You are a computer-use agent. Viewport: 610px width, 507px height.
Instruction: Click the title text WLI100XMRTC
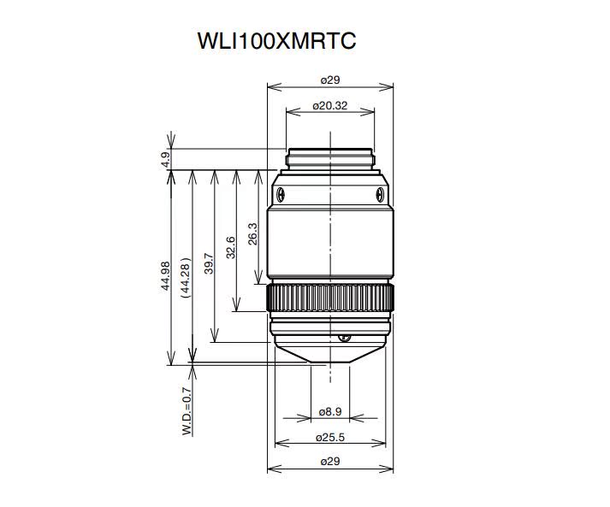275,40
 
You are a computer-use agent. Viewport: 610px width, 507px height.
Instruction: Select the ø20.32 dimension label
329,106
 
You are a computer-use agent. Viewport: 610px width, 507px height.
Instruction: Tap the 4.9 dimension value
165,159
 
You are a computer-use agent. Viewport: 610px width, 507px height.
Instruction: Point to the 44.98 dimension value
165,276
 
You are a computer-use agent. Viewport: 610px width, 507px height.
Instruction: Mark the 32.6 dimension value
230,246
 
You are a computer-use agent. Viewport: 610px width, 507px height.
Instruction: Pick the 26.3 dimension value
252,234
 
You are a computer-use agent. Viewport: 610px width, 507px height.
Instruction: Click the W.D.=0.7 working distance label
186,411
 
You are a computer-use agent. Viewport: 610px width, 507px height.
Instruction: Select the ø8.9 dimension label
330,412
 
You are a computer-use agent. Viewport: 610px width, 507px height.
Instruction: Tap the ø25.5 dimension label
330,438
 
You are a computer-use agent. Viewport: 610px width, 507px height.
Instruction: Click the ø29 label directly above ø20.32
330,80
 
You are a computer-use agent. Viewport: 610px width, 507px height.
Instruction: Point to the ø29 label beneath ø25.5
330,462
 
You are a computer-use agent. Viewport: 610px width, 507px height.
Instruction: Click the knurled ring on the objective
330,299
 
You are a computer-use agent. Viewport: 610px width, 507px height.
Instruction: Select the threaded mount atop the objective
330,156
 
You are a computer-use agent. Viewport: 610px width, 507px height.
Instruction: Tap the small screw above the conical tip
344,338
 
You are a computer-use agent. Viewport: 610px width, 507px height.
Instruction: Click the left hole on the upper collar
281,192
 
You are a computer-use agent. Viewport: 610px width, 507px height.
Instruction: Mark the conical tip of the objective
330,354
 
